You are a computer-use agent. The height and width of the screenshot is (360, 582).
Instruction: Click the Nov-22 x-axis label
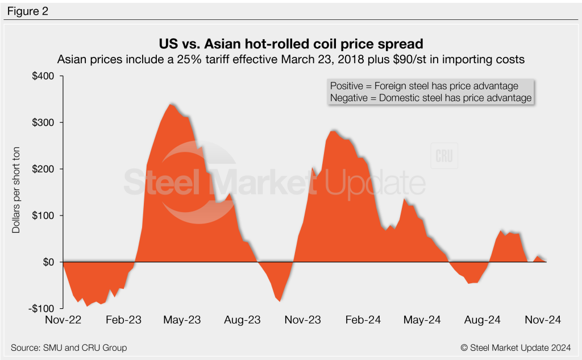tap(63, 320)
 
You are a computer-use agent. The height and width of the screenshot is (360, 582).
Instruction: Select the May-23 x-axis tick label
tap(182, 320)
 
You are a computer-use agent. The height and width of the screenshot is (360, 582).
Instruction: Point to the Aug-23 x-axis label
tap(242, 320)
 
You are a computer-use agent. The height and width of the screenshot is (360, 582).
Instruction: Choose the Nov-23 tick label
tap(302, 320)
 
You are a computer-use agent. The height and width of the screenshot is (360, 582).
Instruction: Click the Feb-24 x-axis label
tap(362, 320)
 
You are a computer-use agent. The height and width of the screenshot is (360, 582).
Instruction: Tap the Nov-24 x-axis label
tap(542, 320)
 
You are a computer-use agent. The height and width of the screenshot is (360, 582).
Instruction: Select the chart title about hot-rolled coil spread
tap(291, 44)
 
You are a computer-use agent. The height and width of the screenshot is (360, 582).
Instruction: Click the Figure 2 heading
tap(28, 11)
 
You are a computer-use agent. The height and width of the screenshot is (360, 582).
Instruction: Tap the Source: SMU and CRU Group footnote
tap(69, 347)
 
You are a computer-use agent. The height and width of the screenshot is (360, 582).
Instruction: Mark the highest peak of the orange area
tap(171, 104)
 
